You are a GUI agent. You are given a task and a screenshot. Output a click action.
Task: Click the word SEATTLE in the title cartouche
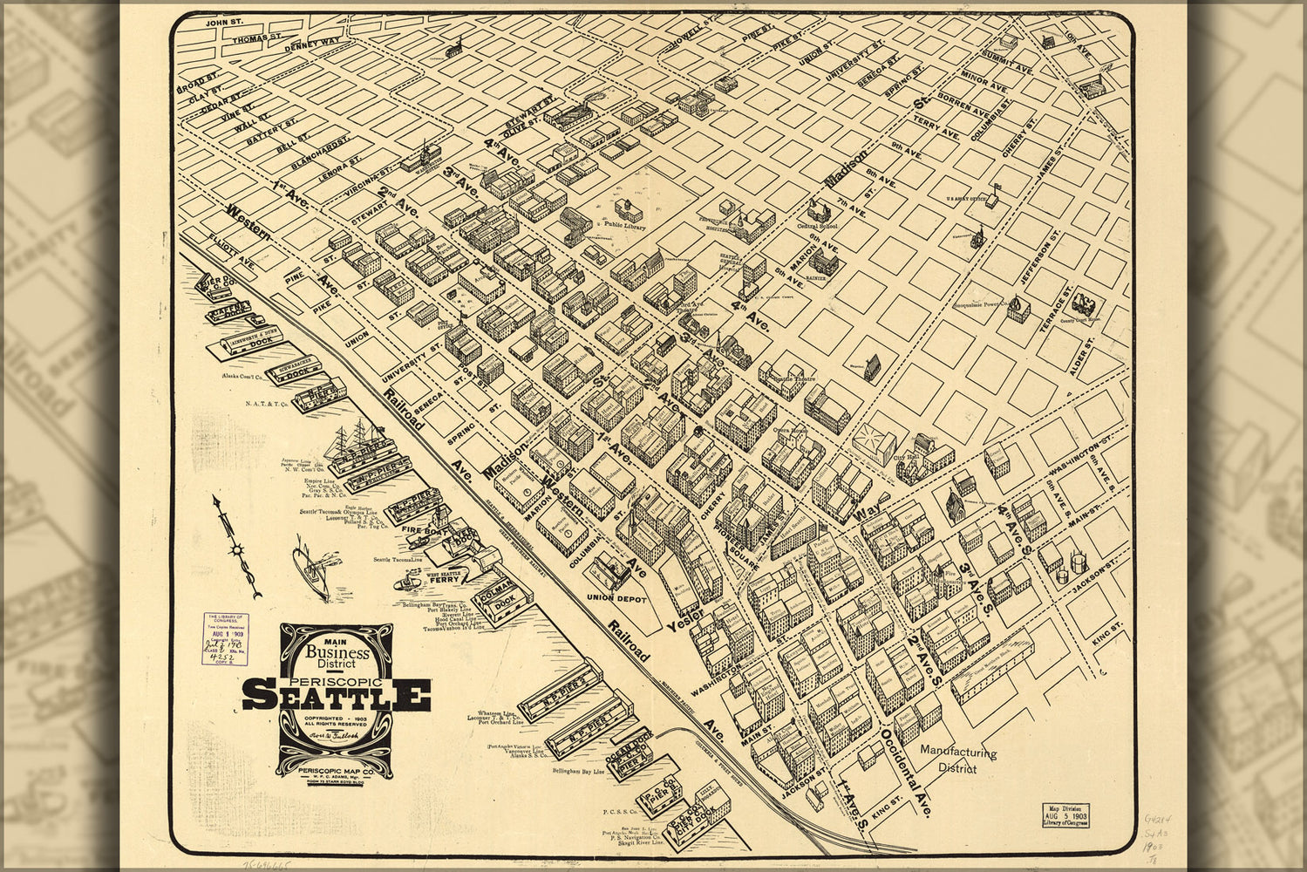pos(336,694)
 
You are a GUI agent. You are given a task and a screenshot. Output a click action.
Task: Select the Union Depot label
pos(616,599)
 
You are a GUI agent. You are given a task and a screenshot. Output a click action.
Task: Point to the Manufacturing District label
pos(957,760)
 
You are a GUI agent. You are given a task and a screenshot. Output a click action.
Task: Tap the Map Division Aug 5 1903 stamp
pos(1065,814)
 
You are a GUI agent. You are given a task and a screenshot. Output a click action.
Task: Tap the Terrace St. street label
pos(1052,310)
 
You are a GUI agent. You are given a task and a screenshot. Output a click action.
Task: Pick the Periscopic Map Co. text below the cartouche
pos(336,771)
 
